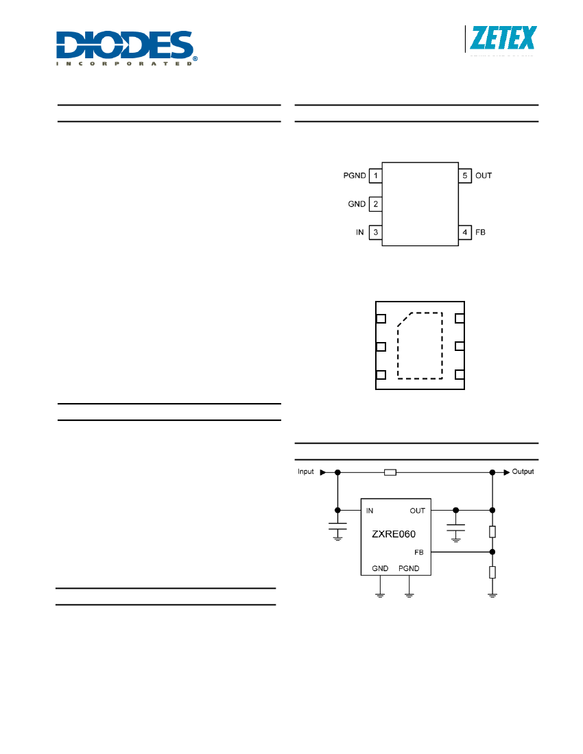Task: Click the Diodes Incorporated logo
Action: click(126, 48)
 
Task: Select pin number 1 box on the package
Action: click(375, 175)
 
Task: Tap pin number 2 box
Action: click(375, 204)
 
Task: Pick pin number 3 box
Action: click(375, 232)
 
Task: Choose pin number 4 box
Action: click(464, 232)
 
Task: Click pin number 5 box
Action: click(464, 175)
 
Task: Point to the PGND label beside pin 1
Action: click(355, 175)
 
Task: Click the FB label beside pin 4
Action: click(480, 232)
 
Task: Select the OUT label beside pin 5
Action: click(484, 175)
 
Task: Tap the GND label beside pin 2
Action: click(357, 204)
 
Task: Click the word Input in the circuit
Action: click(305, 472)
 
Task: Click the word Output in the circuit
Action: click(523, 472)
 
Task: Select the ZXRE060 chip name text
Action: click(394, 534)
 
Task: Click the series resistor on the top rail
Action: click(390, 473)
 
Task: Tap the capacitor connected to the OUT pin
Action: click(456, 528)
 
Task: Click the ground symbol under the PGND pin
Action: click(409, 595)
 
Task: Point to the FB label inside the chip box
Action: click(419, 552)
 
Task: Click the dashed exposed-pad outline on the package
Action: click(442, 345)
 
